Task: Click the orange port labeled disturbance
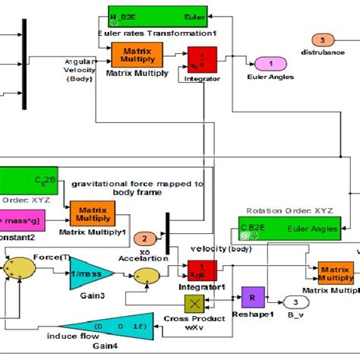[322, 40]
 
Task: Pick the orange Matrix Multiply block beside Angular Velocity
[132, 55]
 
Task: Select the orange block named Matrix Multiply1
[90, 213]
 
